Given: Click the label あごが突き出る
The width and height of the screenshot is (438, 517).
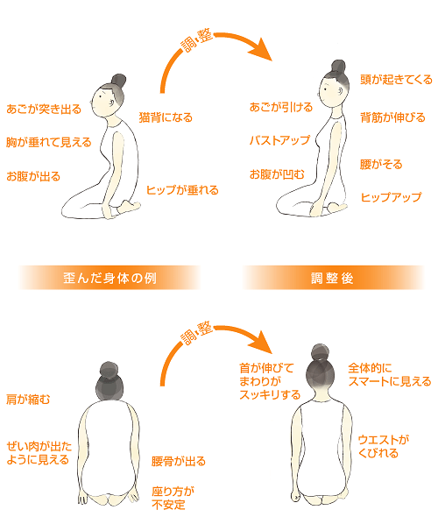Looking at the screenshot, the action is tap(44, 110).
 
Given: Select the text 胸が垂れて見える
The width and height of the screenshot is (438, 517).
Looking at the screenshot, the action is tap(49, 143).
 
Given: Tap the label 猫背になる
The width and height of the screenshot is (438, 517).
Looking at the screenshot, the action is tap(166, 117).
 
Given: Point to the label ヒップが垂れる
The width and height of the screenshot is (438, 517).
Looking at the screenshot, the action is tap(182, 190).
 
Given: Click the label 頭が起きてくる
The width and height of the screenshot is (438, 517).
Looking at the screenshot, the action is tap(396, 80).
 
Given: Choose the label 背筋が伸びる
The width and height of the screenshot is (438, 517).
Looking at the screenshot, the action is tap(392, 117).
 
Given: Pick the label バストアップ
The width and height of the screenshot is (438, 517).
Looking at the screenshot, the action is tap(279, 140).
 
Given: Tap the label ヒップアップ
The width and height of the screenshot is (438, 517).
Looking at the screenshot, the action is tap(392, 197).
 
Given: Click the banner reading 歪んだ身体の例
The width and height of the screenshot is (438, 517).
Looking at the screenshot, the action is tap(109, 278).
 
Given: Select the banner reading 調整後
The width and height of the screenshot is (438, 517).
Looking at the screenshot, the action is tap(333, 278).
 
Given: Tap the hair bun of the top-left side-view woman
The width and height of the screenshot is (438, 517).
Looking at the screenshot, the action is tap(118, 81).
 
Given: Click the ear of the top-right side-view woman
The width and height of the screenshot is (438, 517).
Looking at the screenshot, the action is tap(340, 91).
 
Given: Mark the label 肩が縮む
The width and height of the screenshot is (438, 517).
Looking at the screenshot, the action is tap(28, 400).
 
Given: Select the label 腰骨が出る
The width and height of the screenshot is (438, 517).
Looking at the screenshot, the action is tap(179, 461).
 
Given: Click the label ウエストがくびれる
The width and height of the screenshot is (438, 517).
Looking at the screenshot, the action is tap(384, 446).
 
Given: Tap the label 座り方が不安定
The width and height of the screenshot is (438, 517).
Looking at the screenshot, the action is tap(173, 499).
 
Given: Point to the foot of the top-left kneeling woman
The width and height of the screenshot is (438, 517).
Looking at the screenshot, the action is tap(129, 208).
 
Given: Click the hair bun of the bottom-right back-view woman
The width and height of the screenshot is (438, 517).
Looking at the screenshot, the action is tap(321, 353).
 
